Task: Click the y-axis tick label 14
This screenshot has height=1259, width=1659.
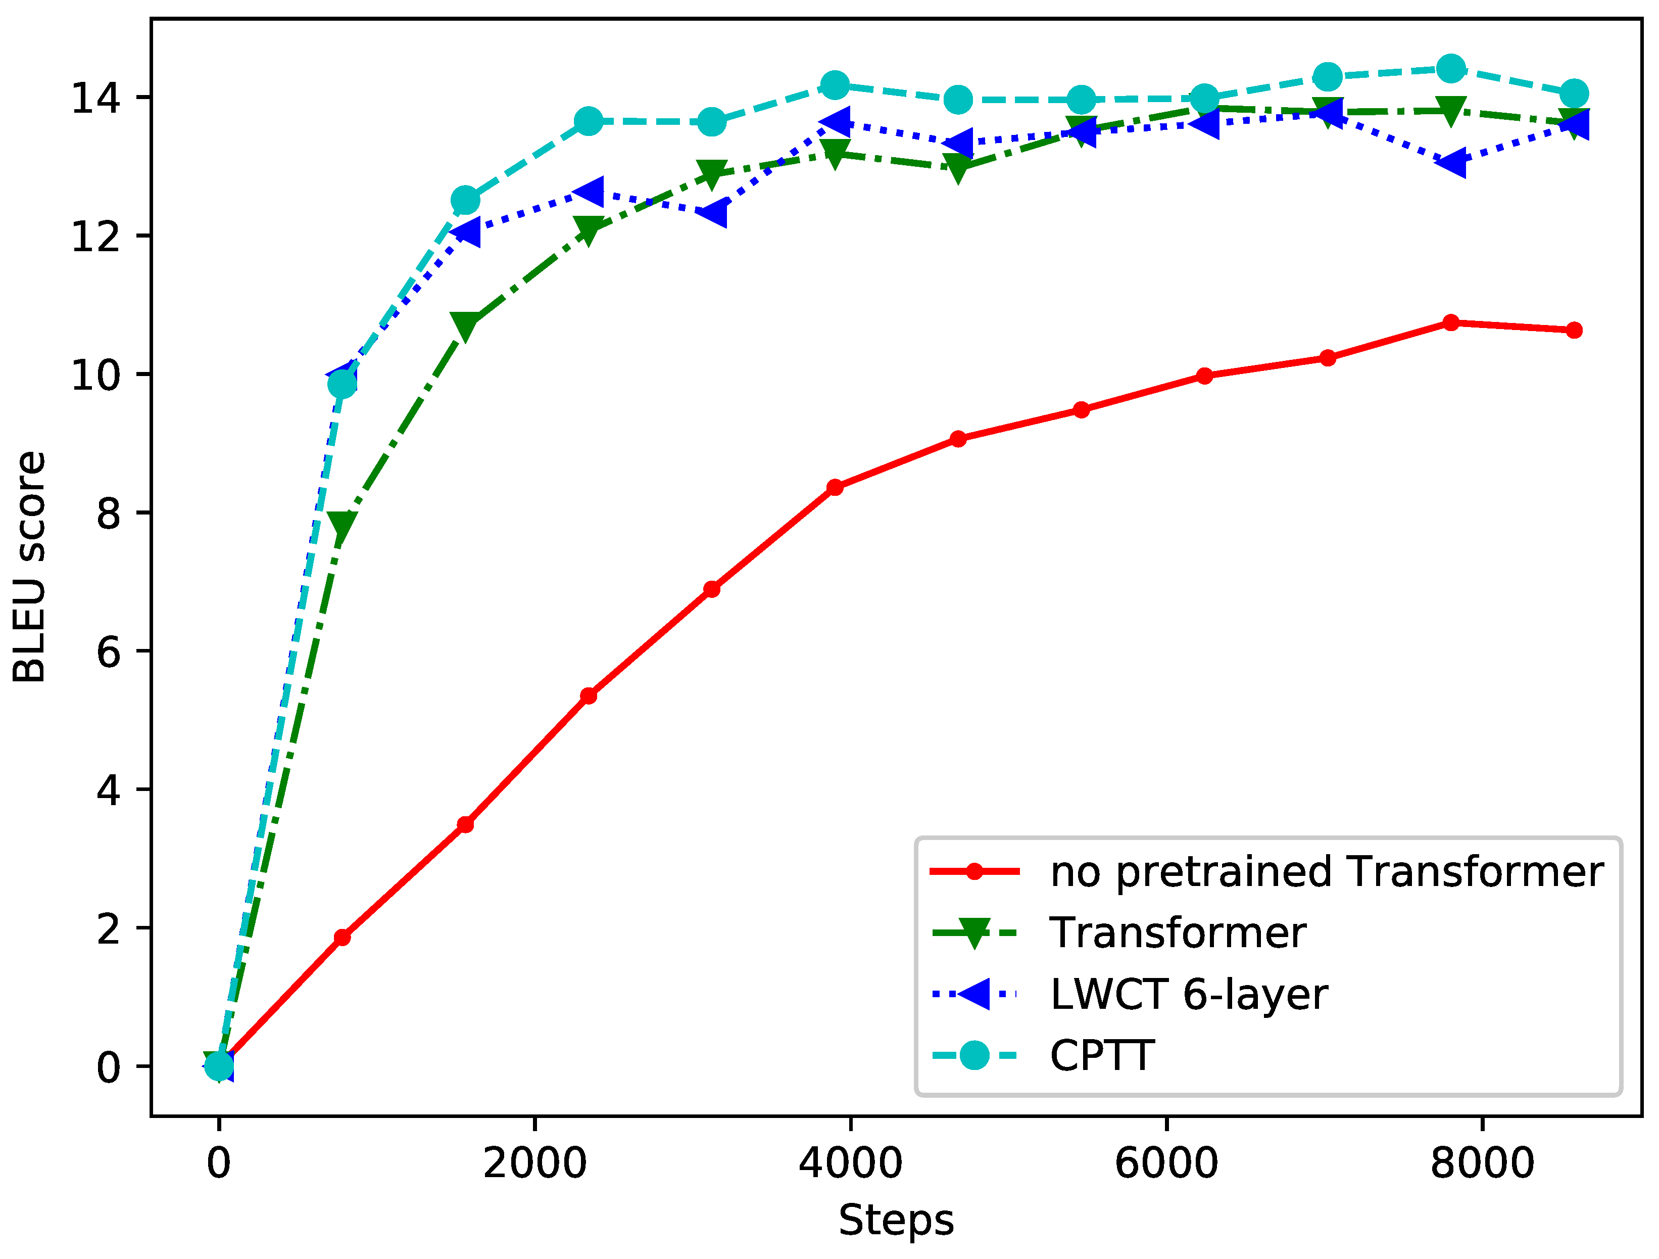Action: [x=95, y=98]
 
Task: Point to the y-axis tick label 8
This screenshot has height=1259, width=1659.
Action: [x=108, y=514]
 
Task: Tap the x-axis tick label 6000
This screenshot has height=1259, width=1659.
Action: [x=1166, y=1163]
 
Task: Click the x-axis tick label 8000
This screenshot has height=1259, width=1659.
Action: [x=1482, y=1163]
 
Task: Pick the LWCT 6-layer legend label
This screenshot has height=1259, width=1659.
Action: [x=1189, y=995]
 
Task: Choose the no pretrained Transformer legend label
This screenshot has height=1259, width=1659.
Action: [x=1326, y=872]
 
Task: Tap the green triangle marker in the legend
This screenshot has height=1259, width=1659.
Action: [x=973, y=934]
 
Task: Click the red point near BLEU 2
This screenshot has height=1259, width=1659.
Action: [x=342, y=937]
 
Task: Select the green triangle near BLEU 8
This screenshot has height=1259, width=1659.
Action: [x=342, y=526]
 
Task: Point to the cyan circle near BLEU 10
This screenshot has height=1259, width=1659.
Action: [x=342, y=384]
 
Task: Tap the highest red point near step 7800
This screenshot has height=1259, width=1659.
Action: [x=1450, y=322]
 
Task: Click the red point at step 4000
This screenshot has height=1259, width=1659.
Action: [x=835, y=487]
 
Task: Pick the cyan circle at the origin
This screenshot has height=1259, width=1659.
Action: [x=219, y=1065]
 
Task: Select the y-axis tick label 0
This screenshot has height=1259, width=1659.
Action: [x=108, y=1067]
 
